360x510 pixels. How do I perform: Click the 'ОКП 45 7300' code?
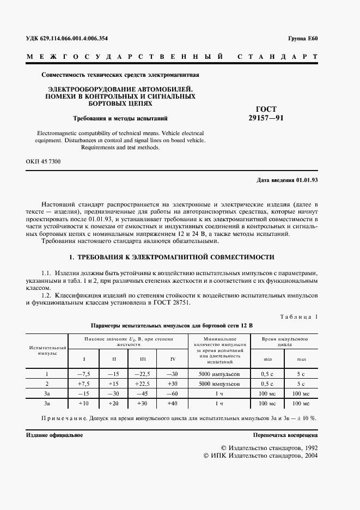click(44, 162)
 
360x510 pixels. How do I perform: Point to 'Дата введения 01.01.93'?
click(287, 180)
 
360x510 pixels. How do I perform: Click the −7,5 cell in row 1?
click(84, 374)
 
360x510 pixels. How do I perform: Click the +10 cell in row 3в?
click(84, 403)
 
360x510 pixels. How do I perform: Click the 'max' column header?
click(301, 359)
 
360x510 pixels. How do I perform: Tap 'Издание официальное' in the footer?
click(54, 436)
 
